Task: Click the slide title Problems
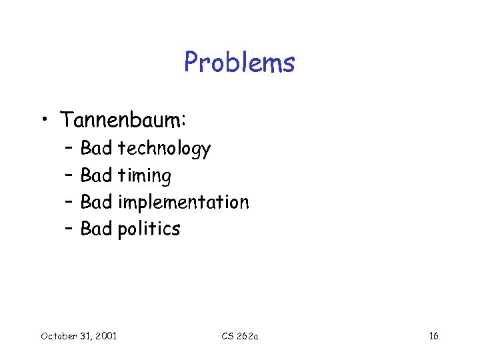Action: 239,63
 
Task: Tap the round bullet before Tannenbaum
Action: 43,121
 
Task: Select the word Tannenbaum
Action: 123,120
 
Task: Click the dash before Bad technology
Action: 69,148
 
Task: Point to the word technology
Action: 164,149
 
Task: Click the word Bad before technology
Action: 96,148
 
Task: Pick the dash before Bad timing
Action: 69,175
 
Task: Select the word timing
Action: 144,176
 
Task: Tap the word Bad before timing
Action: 96,175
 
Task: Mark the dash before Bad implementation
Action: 69,202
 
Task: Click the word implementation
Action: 183,203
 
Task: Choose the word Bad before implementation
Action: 96,202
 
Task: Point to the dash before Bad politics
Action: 69,229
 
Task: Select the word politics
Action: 149,229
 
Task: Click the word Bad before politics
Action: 96,229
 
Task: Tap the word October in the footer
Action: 59,335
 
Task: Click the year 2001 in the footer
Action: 105,335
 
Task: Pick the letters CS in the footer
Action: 227,335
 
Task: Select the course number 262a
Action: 247,335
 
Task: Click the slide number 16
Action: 433,335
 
